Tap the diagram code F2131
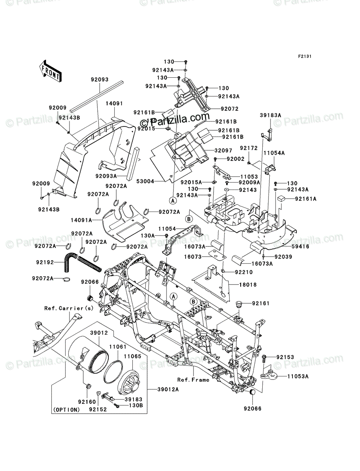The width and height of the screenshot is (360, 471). (305, 57)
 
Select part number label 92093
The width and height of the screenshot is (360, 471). (100, 79)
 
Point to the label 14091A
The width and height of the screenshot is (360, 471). (81, 220)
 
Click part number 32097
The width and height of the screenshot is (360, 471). (223, 151)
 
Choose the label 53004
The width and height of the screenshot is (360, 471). (145, 182)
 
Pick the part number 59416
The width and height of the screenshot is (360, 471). (300, 246)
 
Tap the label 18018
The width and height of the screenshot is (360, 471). (248, 285)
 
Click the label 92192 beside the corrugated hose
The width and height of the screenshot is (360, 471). (45, 262)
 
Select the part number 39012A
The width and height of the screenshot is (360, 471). (168, 389)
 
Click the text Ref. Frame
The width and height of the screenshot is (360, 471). (193, 380)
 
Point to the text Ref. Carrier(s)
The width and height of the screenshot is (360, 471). (69, 309)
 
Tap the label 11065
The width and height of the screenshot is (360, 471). (133, 356)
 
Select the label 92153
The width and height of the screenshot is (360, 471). (285, 357)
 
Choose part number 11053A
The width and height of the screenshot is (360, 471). (298, 376)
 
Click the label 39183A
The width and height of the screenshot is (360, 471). (270, 115)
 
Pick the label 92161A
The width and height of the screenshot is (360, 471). (306, 199)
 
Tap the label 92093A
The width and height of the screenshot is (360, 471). (106, 176)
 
